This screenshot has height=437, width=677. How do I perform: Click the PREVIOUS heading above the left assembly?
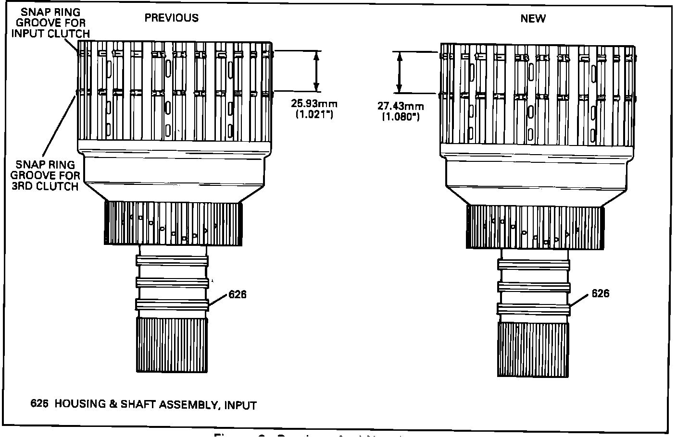pyautogui.click(x=172, y=18)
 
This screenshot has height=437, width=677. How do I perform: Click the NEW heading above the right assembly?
pyautogui.click(x=533, y=19)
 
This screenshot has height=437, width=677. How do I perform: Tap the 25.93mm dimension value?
pyautogui.click(x=314, y=103)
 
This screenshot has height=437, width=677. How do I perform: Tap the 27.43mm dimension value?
pyautogui.click(x=401, y=106)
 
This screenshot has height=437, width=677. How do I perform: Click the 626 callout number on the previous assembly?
pyautogui.click(x=238, y=294)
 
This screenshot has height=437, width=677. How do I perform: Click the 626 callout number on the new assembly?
pyautogui.click(x=600, y=293)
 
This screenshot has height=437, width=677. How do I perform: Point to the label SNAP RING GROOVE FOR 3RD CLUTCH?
pyautogui.click(x=45, y=175)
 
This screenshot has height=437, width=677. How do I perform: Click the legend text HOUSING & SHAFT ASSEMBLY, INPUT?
pyautogui.click(x=155, y=404)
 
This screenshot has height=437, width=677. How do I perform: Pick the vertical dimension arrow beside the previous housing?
pyautogui.click(x=316, y=71)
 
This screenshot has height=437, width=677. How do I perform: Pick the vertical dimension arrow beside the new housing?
pyautogui.click(x=399, y=72)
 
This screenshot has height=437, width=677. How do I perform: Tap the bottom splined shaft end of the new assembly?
pyautogui.click(x=533, y=349)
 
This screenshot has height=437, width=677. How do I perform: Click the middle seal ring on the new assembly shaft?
pyautogui.click(x=534, y=287)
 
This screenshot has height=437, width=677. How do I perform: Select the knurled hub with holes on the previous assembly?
pyautogui.click(x=173, y=223)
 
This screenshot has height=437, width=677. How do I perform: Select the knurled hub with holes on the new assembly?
pyautogui.click(x=534, y=227)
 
